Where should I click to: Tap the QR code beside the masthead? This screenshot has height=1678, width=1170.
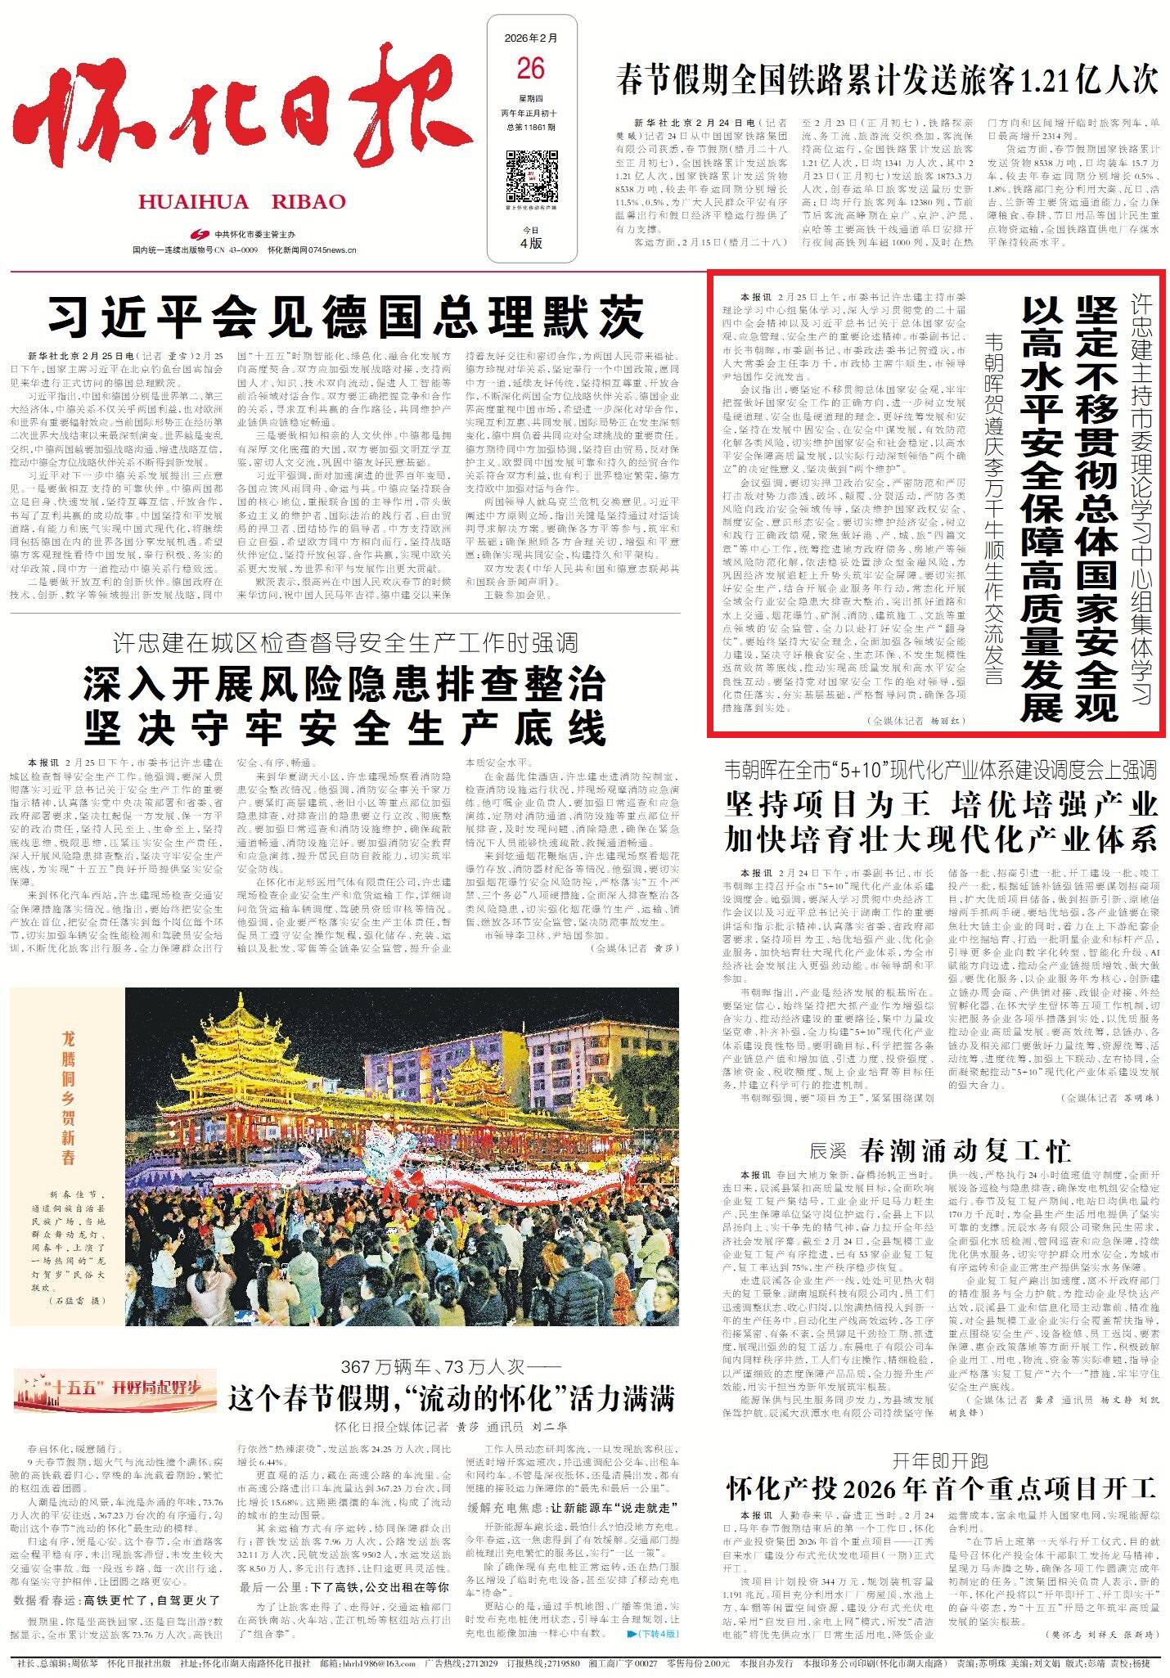pyautogui.click(x=529, y=175)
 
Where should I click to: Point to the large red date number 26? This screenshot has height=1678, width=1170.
pyautogui.click(x=530, y=69)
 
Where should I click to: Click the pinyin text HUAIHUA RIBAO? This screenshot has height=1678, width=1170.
pyautogui.click(x=242, y=202)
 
